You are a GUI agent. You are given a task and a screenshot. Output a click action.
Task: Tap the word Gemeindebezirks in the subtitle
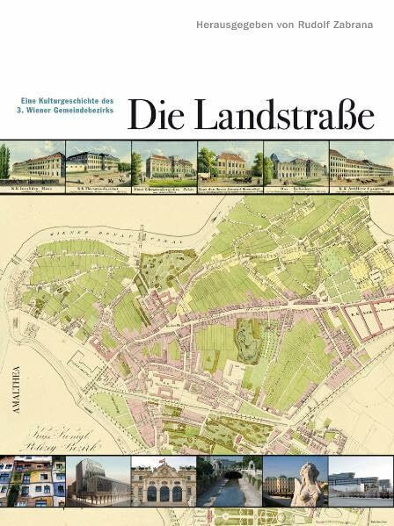tap(89, 112)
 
